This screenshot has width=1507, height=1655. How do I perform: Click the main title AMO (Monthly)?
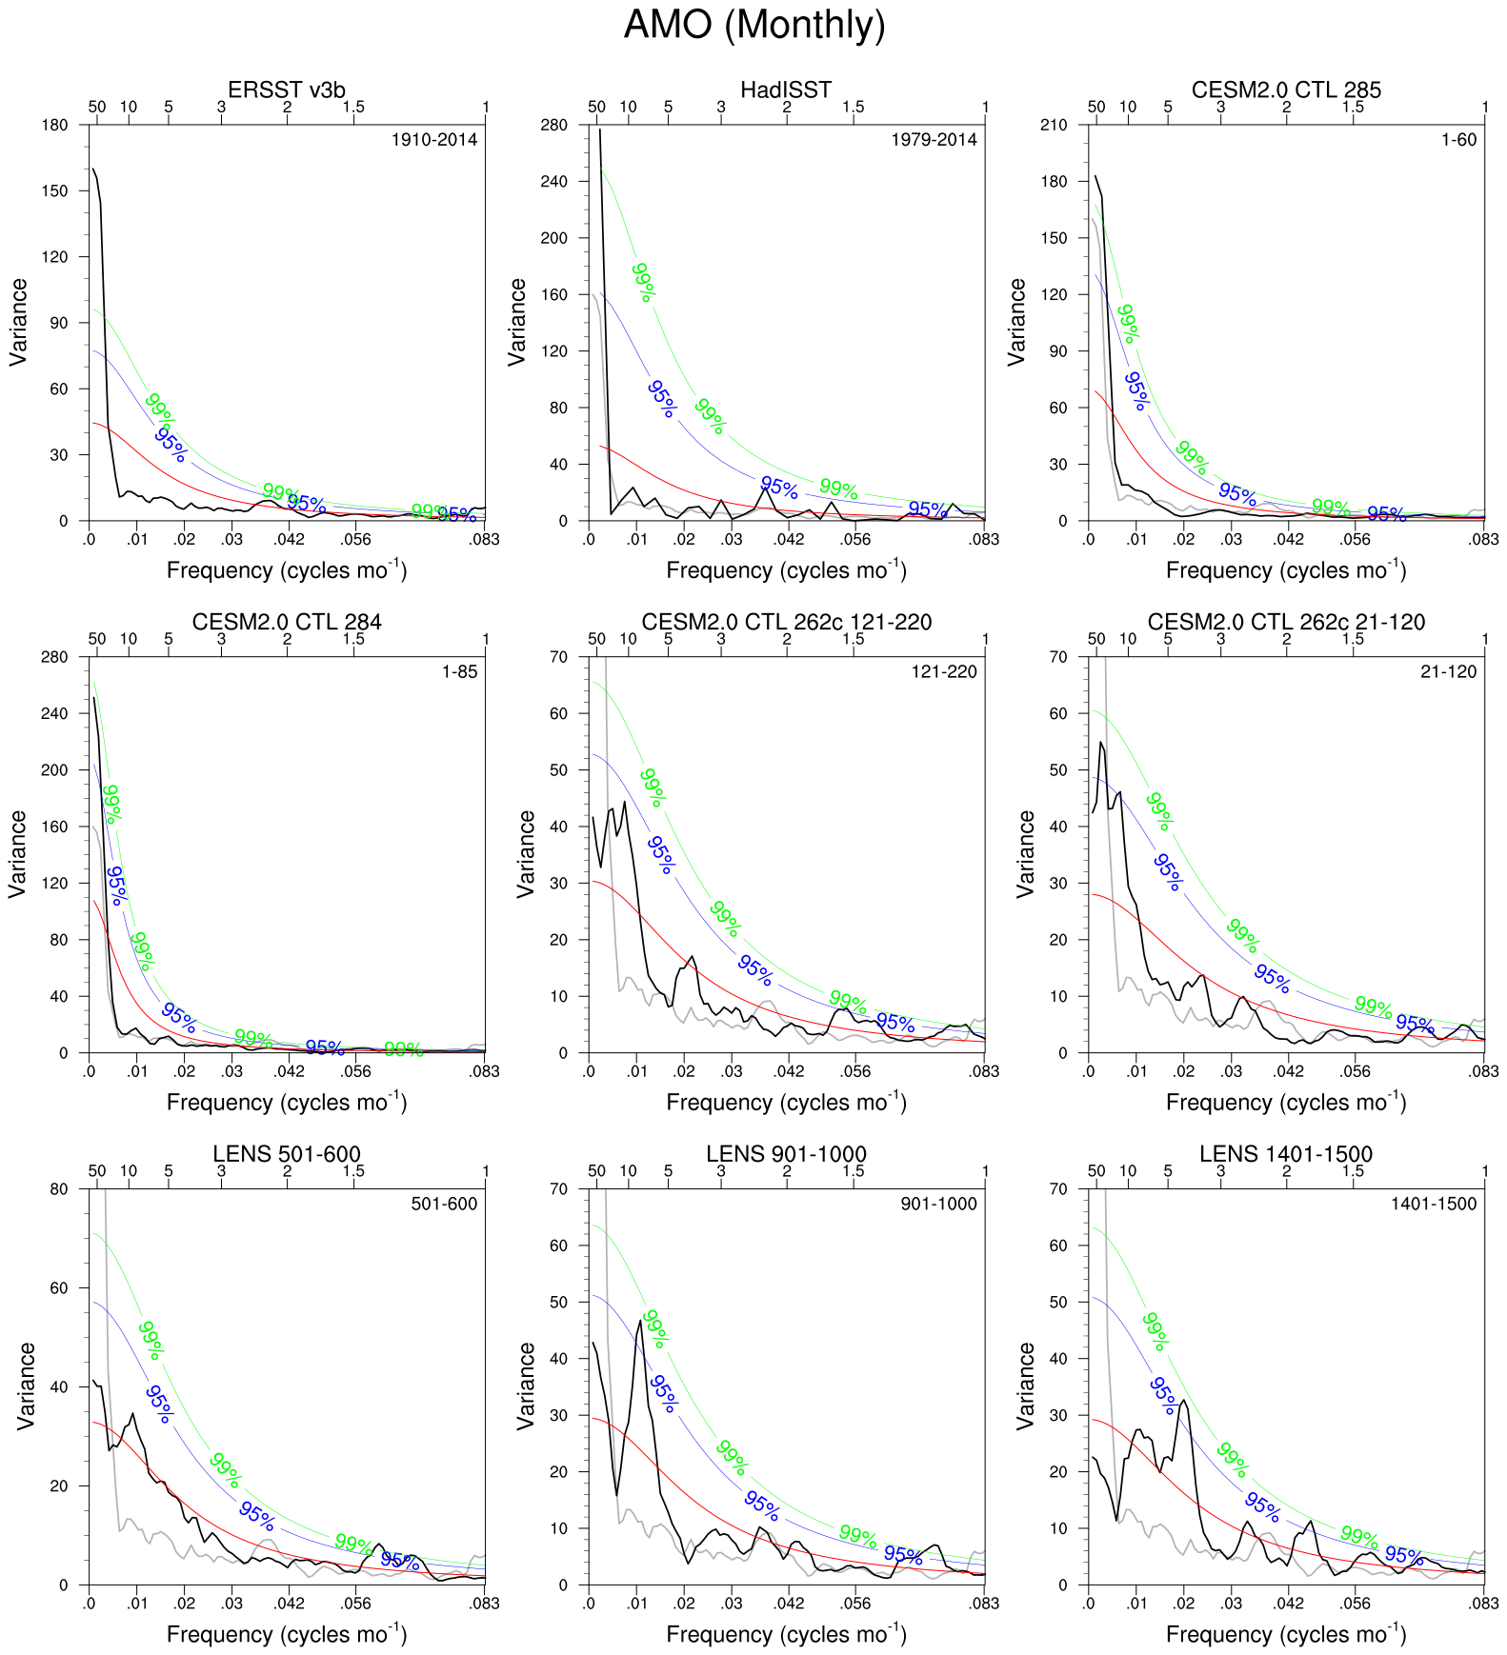click(x=753, y=25)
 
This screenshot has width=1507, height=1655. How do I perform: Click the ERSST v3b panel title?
click(x=287, y=90)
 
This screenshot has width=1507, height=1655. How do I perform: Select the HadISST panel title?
click(x=786, y=90)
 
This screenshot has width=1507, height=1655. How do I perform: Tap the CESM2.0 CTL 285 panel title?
click(x=1286, y=90)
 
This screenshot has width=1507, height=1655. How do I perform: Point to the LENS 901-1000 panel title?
click(x=786, y=1154)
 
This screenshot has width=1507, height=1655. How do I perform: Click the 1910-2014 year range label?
click(x=434, y=140)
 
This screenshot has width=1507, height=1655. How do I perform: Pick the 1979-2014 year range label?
click(x=934, y=140)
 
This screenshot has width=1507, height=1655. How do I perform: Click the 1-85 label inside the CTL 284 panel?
click(x=459, y=671)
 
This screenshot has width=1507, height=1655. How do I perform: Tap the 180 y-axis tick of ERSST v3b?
click(x=56, y=125)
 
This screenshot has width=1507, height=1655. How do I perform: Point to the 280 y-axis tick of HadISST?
click(x=553, y=125)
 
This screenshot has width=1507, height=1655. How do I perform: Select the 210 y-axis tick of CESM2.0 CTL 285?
click(x=1055, y=125)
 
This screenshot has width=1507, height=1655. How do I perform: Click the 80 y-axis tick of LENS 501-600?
click(x=59, y=1189)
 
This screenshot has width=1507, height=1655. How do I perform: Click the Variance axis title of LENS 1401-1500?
click(x=1026, y=1386)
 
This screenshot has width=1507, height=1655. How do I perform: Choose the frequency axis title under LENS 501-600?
click(x=287, y=1634)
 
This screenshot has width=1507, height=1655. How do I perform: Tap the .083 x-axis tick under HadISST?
click(x=984, y=540)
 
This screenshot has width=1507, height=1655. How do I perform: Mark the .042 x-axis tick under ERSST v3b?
click(x=290, y=540)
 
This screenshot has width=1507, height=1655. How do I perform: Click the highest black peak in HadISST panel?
click(x=599, y=130)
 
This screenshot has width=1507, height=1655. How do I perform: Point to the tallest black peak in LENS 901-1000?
click(x=640, y=1320)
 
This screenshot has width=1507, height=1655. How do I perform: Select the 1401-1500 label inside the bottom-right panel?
click(x=1433, y=1204)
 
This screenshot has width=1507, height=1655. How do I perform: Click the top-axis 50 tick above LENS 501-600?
click(x=97, y=1171)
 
